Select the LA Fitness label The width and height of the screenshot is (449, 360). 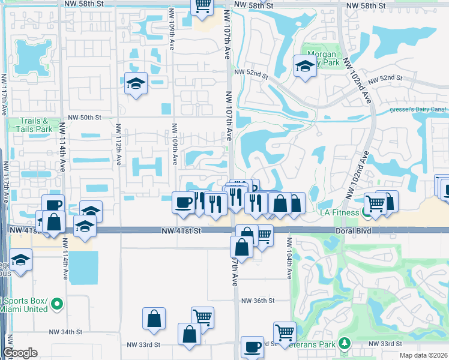[x=341, y=213]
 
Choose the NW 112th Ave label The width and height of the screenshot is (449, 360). [x=119, y=144]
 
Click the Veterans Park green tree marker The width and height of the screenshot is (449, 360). [x=344, y=343]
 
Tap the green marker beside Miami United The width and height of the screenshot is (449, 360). [x=56, y=304]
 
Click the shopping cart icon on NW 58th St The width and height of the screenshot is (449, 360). [x=202, y=6]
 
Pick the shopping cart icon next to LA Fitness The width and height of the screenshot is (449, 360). [x=375, y=203]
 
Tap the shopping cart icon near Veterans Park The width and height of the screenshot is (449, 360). [x=284, y=332]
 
